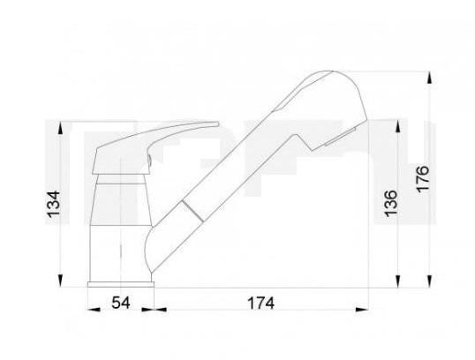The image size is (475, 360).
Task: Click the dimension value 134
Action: [x=54, y=204]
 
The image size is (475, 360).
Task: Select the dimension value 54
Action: [x=121, y=303]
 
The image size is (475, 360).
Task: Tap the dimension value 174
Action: [x=261, y=303]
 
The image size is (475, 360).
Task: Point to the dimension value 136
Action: [x=390, y=204]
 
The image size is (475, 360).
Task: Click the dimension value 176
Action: [x=423, y=178]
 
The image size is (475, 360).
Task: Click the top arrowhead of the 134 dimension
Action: [x=61, y=128]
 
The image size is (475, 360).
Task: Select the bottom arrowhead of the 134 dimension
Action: [x=61, y=281]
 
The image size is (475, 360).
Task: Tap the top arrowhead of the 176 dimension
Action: [x=430, y=78]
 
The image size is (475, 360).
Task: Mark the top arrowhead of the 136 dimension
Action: [x=398, y=125]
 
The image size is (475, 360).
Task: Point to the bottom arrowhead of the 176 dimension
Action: [x=430, y=281]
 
